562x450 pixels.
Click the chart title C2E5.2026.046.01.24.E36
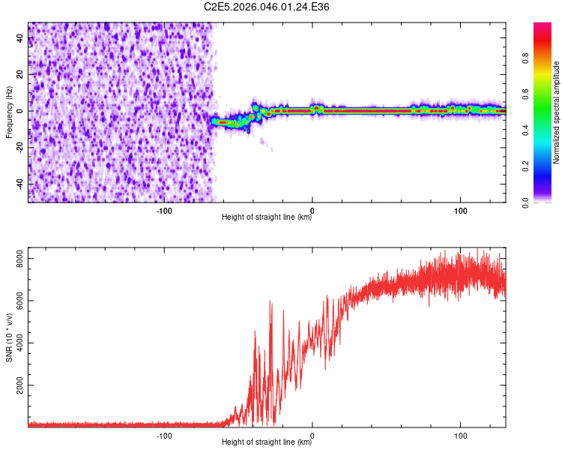tap(267, 7)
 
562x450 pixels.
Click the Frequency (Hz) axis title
tap(9, 112)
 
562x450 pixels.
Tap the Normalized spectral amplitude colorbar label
tap(557, 112)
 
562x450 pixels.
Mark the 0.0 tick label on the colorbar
tap(527, 201)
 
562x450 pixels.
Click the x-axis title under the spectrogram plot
tap(267, 217)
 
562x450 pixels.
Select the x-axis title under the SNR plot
tap(267, 442)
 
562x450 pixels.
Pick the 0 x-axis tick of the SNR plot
tap(312, 436)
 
